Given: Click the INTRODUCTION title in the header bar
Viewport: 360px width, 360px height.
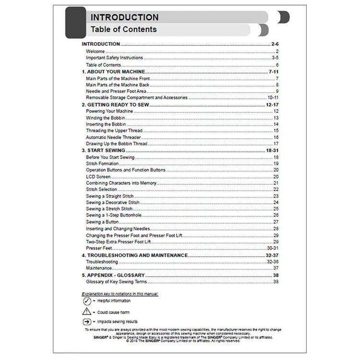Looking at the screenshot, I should [124, 18].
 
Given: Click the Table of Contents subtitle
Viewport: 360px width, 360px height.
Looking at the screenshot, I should [123, 30].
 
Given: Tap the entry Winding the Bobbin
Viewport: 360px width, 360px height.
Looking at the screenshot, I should [103, 118].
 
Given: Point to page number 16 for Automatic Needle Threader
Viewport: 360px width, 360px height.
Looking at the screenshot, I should [276, 137].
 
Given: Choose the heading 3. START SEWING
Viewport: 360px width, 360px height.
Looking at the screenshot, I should [103, 150].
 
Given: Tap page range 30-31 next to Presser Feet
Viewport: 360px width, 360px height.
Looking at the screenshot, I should [272, 248].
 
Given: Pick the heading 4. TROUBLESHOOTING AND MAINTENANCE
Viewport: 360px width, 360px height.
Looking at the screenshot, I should [134, 255].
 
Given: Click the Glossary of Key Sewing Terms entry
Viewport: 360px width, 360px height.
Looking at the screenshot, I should [115, 281].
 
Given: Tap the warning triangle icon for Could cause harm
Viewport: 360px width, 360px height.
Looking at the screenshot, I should [87, 311].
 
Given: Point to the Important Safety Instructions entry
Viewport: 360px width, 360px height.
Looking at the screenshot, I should [114, 58].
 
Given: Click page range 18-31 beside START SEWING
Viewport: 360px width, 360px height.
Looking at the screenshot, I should [272, 150].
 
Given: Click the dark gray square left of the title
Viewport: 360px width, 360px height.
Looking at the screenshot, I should [75, 23].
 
